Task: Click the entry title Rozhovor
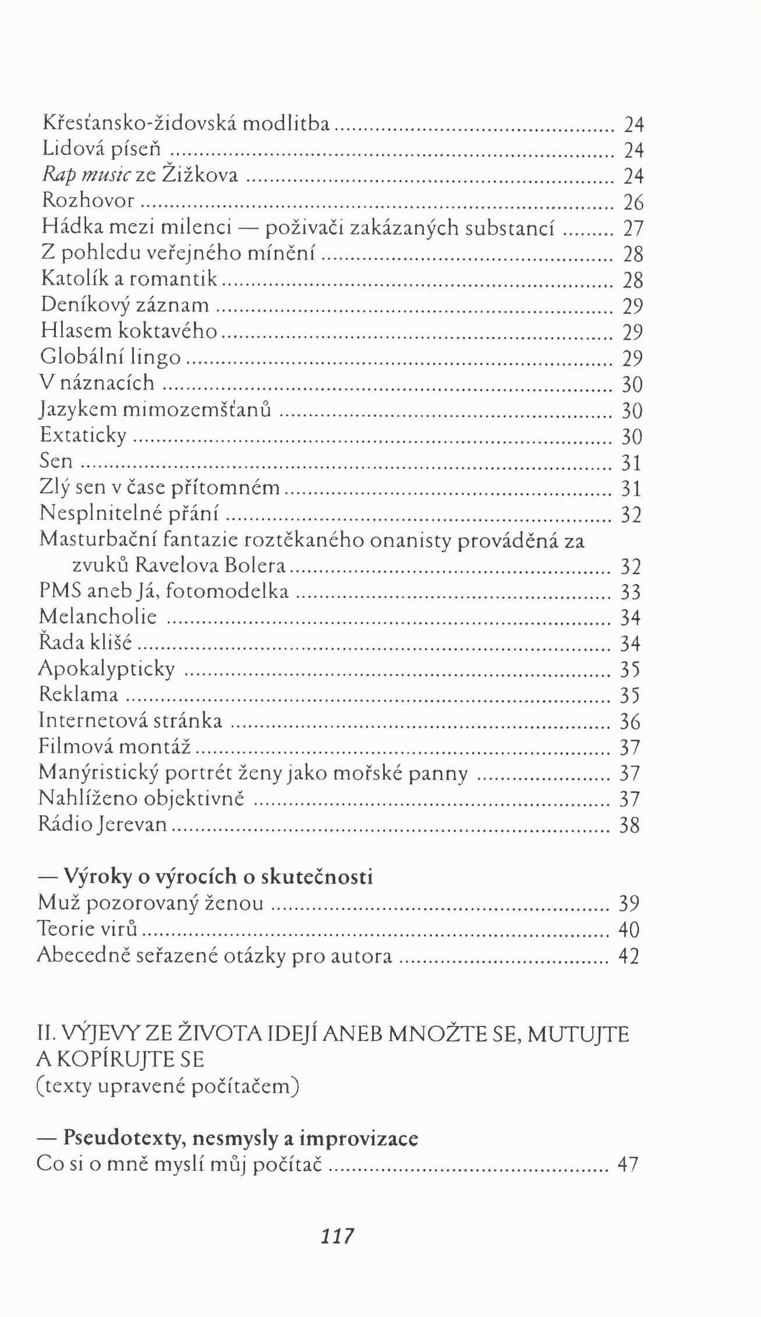(88, 201)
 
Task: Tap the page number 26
(633, 203)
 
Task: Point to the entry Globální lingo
(111, 356)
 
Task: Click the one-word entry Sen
(56, 461)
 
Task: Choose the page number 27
(633, 228)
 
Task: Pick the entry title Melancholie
(98, 617)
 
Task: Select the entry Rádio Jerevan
(102, 824)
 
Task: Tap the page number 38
(629, 826)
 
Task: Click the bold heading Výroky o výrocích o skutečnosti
(218, 876)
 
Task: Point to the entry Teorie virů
(87, 927)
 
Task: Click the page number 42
(629, 956)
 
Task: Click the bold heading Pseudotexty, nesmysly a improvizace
(240, 1138)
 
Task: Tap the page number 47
(628, 1164)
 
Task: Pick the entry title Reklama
(79, 694)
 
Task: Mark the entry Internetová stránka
(130, 720)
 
